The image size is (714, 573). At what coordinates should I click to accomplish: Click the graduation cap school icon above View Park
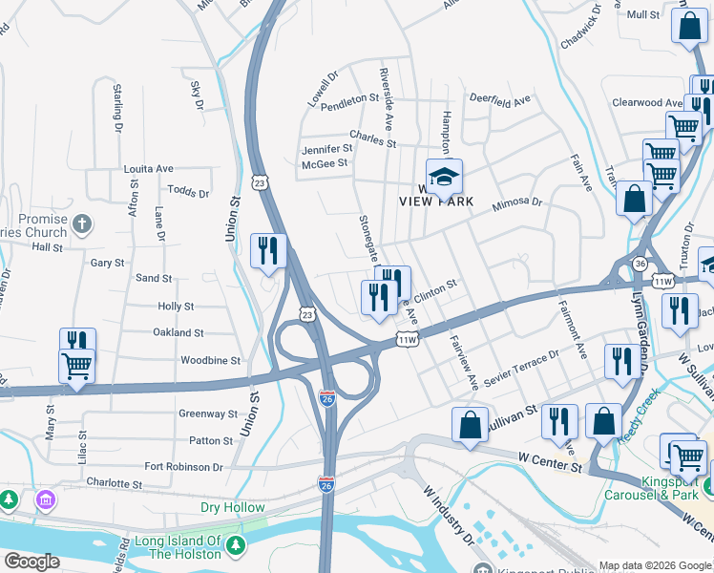click(x=443, y=177)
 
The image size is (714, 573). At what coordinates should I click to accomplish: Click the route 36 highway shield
click(x=640, y=264)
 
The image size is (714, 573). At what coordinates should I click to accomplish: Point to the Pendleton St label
click(x=350, y=99)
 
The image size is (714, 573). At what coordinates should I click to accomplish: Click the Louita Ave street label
click(x=148, y=168)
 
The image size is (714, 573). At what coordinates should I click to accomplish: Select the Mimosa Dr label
click(x=516, y=203)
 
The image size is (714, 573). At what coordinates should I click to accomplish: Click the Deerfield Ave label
click(x=499, y=100)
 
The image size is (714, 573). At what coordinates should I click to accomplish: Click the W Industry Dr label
click(x=449, y=515)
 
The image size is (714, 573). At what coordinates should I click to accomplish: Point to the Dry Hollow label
click(x=233, y=507)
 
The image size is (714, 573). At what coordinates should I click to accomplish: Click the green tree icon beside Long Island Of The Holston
click(x=237, y=546)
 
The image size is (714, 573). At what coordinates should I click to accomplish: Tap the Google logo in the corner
click(x=31, y=562)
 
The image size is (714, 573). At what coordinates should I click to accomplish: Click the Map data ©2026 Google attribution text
click(x=654, y=565)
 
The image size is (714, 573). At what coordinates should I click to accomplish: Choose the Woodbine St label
click(x=210, y=360)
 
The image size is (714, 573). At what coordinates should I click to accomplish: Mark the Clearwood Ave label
click(x=644, y=102)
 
